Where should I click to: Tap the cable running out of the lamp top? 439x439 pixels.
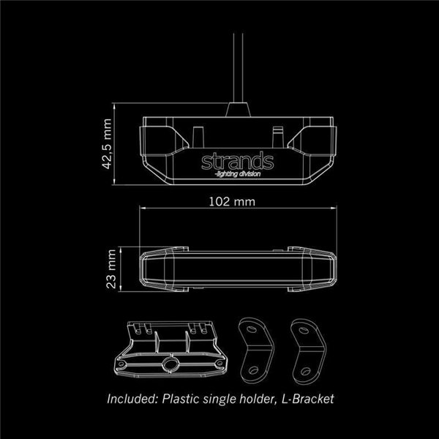pyautogui.click(x=233, y=66)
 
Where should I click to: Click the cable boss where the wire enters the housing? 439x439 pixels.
pyautogui.click(x=238, y=110)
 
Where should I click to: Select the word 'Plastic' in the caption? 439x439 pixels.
pyautogui.click(x=184, y=399)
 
